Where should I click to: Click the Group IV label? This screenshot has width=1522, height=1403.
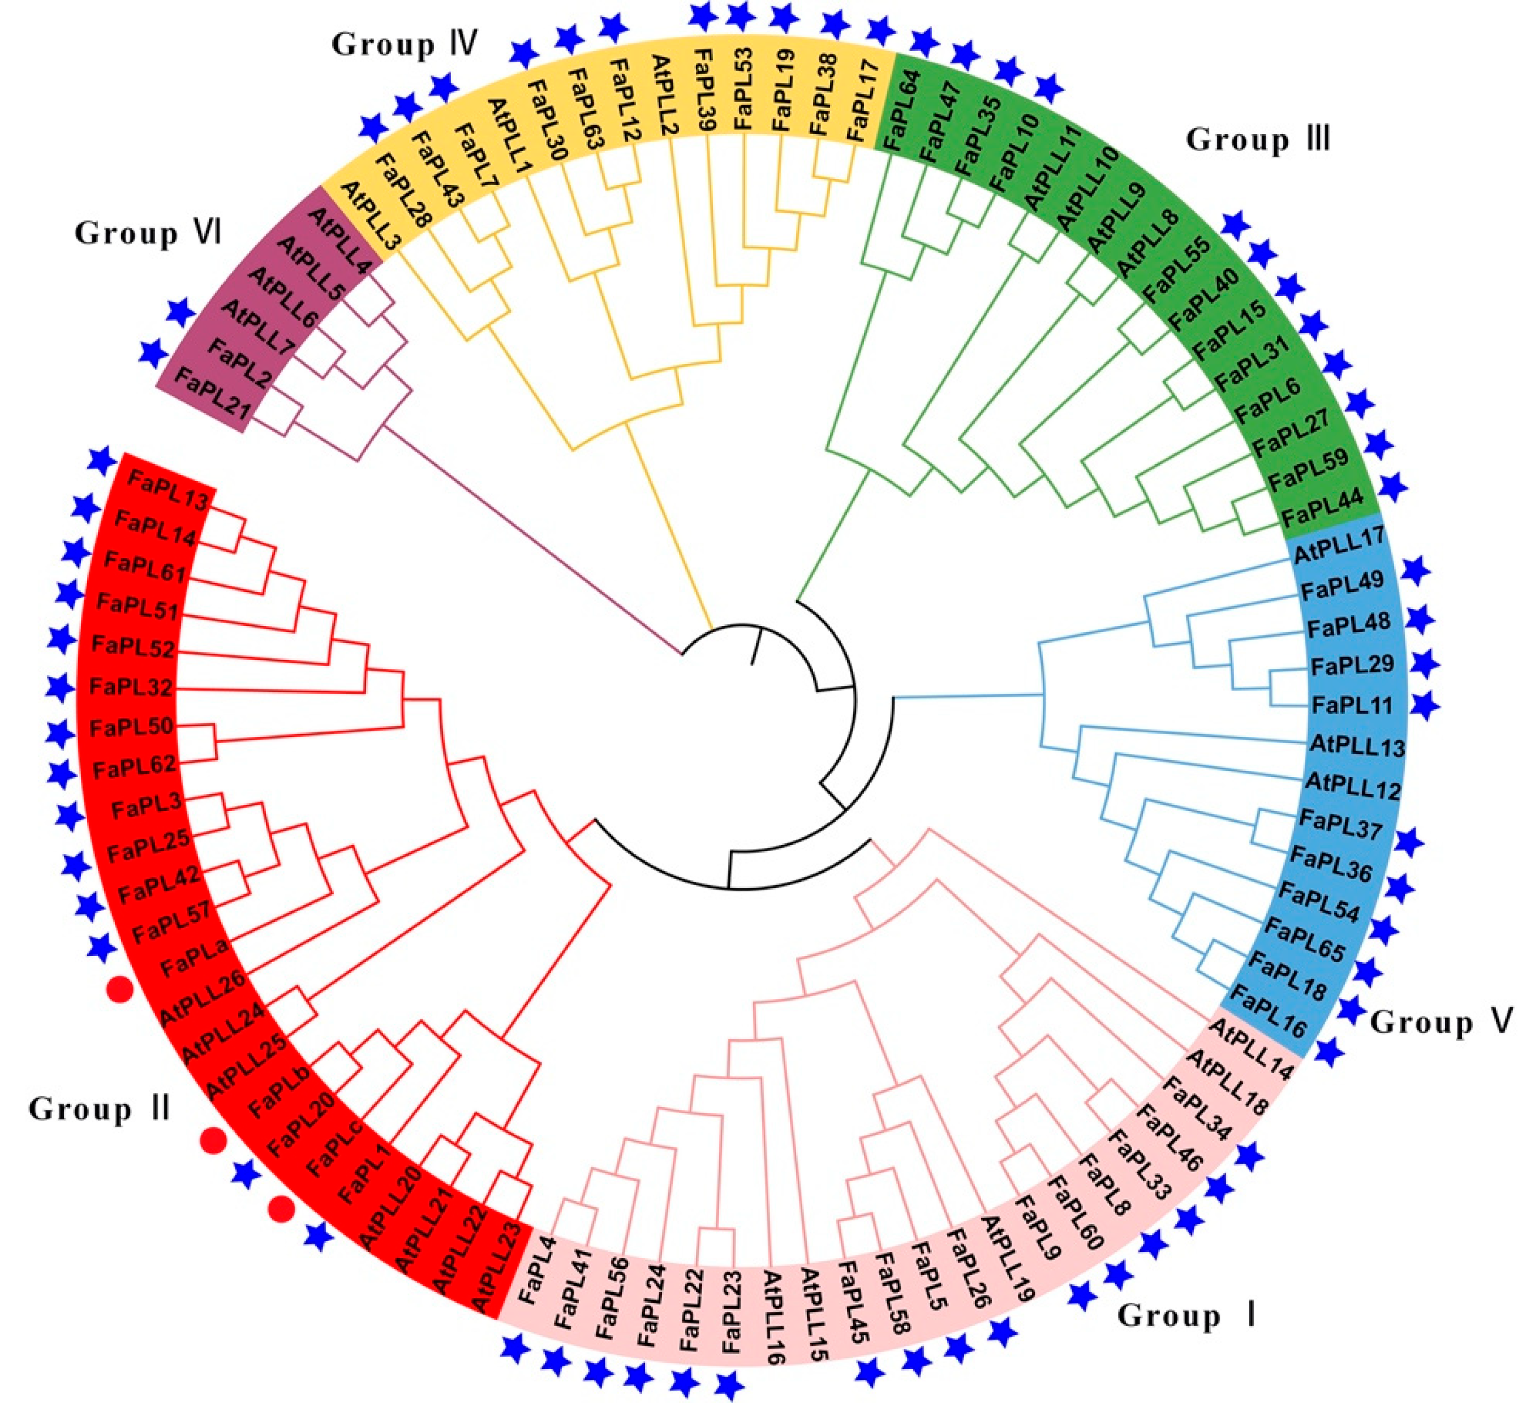(405, 44)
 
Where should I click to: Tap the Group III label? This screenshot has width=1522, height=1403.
(1257, 140)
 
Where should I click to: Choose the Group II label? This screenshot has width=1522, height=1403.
(98, 1109)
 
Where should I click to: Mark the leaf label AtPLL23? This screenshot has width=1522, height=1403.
(498, 1265)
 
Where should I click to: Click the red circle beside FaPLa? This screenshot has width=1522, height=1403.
(120, 990)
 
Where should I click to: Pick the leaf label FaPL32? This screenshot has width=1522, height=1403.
(131, 687)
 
